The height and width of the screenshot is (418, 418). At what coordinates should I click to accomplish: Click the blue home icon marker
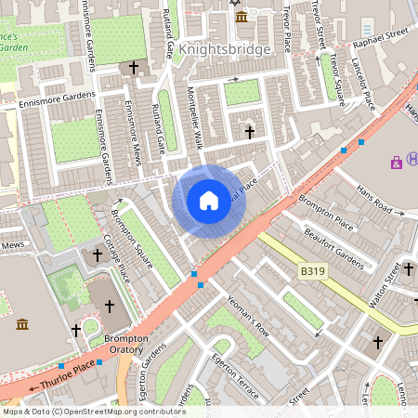(x=209, y=201)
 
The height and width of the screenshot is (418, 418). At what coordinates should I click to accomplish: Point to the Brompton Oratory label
(x=126, y=345)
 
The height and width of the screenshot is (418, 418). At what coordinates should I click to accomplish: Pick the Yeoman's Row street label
(x=248, y=315)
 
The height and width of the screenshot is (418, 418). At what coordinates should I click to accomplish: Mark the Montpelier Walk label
(x=195, y=111)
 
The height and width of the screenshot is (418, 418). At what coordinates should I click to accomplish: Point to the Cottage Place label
(x=115, y=259)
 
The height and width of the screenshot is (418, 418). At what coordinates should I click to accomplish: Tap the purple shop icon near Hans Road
(x=398, y=163)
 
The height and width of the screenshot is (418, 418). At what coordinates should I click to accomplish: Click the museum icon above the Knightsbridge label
(x=242, y=18)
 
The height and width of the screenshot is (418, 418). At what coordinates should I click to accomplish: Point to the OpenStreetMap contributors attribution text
(x=93, y=411)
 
